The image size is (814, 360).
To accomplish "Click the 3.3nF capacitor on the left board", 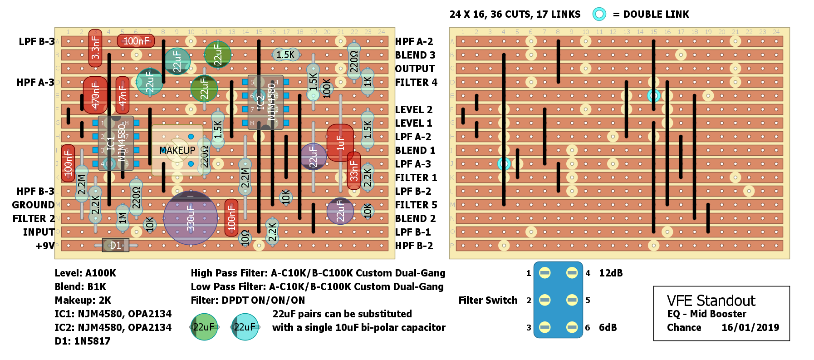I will click(95, 48).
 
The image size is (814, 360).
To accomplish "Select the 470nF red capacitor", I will click(95, 95).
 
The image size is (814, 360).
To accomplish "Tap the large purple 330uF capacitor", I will click(191, 218).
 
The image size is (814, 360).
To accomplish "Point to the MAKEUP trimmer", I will click(177, 150).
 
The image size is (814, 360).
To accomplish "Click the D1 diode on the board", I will click(116, 246).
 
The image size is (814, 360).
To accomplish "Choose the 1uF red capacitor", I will click(340, 143).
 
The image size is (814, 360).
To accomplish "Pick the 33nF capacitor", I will click(354, 170).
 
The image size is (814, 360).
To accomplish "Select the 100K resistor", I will click(327, 88).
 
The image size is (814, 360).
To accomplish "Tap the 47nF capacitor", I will click(123, 95).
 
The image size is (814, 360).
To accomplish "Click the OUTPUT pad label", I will click(415, 69).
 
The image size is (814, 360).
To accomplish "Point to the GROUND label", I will click(33, 205).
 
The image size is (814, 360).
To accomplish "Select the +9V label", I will click(45, 246).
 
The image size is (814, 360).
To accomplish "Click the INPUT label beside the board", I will click(39, 232).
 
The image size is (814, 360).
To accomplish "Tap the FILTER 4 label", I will click(416, 82).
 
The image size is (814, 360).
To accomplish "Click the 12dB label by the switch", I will click(611, 273).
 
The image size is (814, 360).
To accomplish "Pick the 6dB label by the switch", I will click(608, 327).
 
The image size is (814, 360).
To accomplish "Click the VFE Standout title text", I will click(711, 301).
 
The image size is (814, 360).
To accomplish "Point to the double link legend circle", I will click(599, 14).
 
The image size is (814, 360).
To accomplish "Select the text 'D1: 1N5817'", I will click(83, 341).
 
